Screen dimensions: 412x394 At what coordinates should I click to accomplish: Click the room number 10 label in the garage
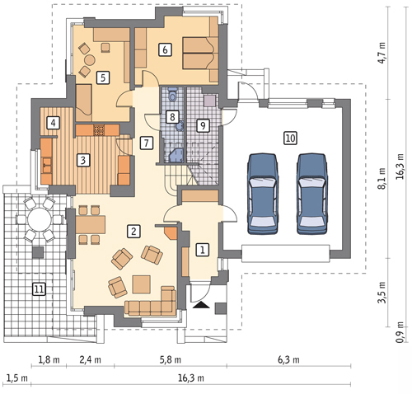coord(291,138)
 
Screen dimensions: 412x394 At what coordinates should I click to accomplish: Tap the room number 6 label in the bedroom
coord(165,50)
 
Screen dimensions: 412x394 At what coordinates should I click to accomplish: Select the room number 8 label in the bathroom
coord(172,117)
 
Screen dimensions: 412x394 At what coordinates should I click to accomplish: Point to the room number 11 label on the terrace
coord(39,288)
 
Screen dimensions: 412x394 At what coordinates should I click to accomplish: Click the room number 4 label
coord(53,123)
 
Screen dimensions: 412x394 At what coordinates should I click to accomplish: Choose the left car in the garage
coord(263,194)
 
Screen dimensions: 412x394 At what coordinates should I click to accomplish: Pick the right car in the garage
coord(312,194)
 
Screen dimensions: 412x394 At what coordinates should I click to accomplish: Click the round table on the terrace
coord(40,220)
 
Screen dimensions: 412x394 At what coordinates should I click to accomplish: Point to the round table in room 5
coord(89,59)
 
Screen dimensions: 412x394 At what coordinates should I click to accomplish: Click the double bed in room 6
coord(199,54)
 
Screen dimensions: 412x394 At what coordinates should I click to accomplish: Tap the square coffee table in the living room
coord(141,284)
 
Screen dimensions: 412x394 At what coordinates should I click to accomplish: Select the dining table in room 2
coord(90,224)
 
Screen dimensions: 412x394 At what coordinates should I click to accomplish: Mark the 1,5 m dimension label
coord(17,378)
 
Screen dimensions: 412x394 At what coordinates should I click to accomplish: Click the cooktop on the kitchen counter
coord(98,130)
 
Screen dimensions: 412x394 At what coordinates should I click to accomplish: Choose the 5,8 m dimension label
coord(171,359)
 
